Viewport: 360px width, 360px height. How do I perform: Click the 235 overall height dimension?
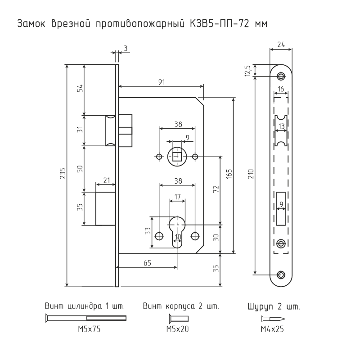pos(63,173)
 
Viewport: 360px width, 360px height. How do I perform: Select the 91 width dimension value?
pos(162,82)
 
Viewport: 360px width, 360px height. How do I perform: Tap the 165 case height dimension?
pos(229,174)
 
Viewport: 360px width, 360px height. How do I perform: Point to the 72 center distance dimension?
pos(216,189)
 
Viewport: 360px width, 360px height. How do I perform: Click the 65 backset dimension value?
pos(148,263)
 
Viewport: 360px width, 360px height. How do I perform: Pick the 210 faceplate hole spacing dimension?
pos(252,174)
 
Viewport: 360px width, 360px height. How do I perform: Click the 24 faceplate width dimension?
pos(281,44)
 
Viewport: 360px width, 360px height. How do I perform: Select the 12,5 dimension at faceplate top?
pos(248,71)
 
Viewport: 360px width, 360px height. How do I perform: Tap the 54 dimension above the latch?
pos(80,88)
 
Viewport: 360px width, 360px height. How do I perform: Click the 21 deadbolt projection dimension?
pos(107,180)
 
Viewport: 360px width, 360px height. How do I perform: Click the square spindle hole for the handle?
pos(177,157)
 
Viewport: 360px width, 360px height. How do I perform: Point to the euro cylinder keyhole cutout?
pos(177,232)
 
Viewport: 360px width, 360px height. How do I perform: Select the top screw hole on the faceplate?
pos(281,76)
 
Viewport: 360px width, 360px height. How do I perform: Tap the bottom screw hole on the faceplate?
pos(281,274)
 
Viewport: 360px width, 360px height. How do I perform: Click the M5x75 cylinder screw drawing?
pos(86,318)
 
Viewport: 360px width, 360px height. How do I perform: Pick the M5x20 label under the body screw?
pos(177,329)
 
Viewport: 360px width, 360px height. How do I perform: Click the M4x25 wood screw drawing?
pos(273,319)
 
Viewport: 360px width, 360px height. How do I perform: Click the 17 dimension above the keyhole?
pos(177,197)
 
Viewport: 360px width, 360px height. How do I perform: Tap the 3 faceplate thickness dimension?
pos(126,48)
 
